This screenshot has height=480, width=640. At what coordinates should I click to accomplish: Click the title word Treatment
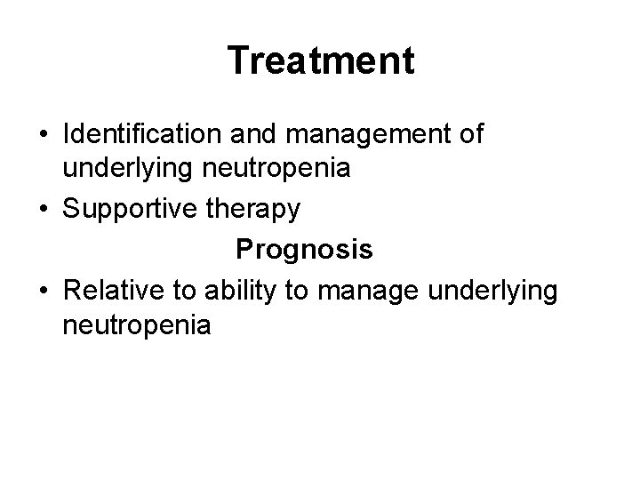pos(320,61)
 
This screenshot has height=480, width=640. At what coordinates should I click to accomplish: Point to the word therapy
pos(257,211)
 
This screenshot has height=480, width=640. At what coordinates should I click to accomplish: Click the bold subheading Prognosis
pos(304,251)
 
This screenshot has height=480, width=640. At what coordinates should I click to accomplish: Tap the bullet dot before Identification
pos(44,136)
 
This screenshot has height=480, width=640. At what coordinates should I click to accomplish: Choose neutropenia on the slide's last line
pos(137,326)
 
